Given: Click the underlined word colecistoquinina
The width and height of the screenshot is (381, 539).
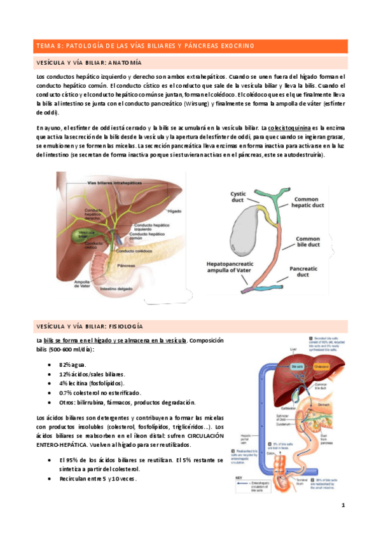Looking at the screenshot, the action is [x=289, y=128].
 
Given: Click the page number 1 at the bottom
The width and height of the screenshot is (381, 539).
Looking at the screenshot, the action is [x=342, y=505].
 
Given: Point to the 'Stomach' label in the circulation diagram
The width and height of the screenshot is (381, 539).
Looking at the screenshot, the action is [x=341, y=402].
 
